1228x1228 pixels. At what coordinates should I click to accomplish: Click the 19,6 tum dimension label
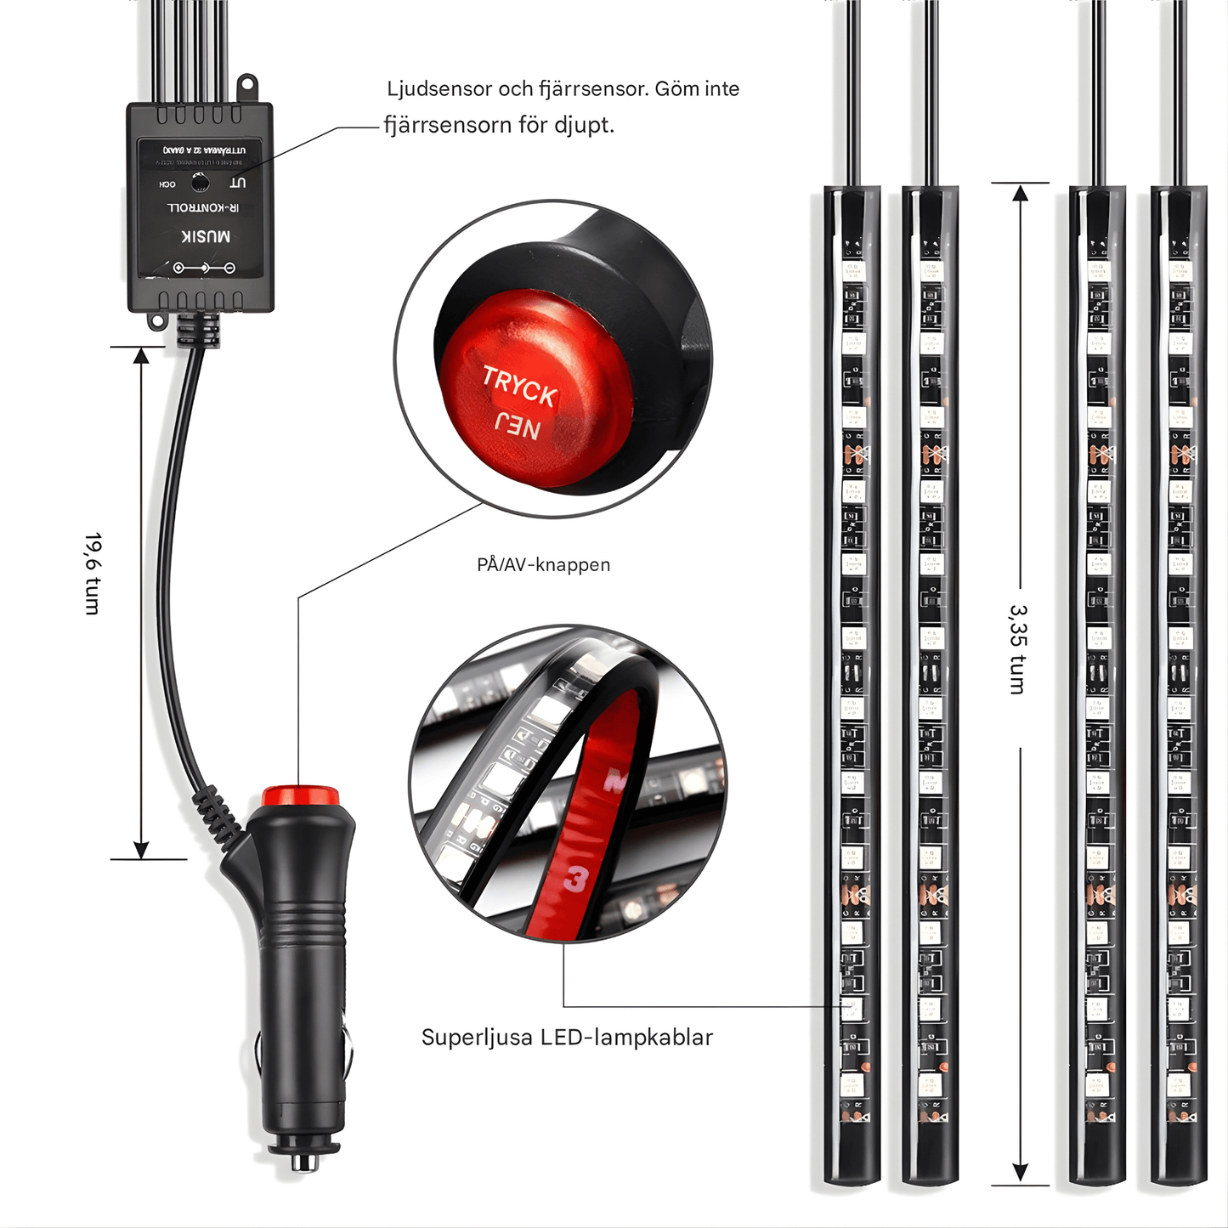[x=93, y=574]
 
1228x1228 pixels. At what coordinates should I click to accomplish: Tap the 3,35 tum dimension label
[x=1018, y=649]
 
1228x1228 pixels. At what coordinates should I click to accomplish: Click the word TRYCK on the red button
[x=519, y=386]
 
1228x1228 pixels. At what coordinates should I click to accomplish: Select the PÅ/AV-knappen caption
[x=543, y=564]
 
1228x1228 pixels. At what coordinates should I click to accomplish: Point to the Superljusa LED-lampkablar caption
[x=567, y=1037]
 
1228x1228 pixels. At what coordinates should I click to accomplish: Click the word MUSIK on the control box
[x=206, y=236]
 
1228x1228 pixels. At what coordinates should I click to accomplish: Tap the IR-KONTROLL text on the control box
[x=203, y=207]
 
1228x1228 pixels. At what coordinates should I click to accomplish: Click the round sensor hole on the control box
[x=201, y=182]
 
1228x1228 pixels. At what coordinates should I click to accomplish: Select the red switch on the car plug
[x=300, y=796]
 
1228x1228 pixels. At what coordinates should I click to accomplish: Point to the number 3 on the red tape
[x=578, y=879]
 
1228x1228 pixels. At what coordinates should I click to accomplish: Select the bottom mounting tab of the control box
[x=157, y=320]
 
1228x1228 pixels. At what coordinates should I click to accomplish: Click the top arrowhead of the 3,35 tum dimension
[x=1021, y=194]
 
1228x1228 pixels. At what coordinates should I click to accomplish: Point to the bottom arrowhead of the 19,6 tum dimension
[x=141, y=849]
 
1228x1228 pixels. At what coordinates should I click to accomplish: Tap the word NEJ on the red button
[x=518, y=427]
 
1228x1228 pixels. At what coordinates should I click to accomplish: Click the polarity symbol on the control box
[x=204, y=268]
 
